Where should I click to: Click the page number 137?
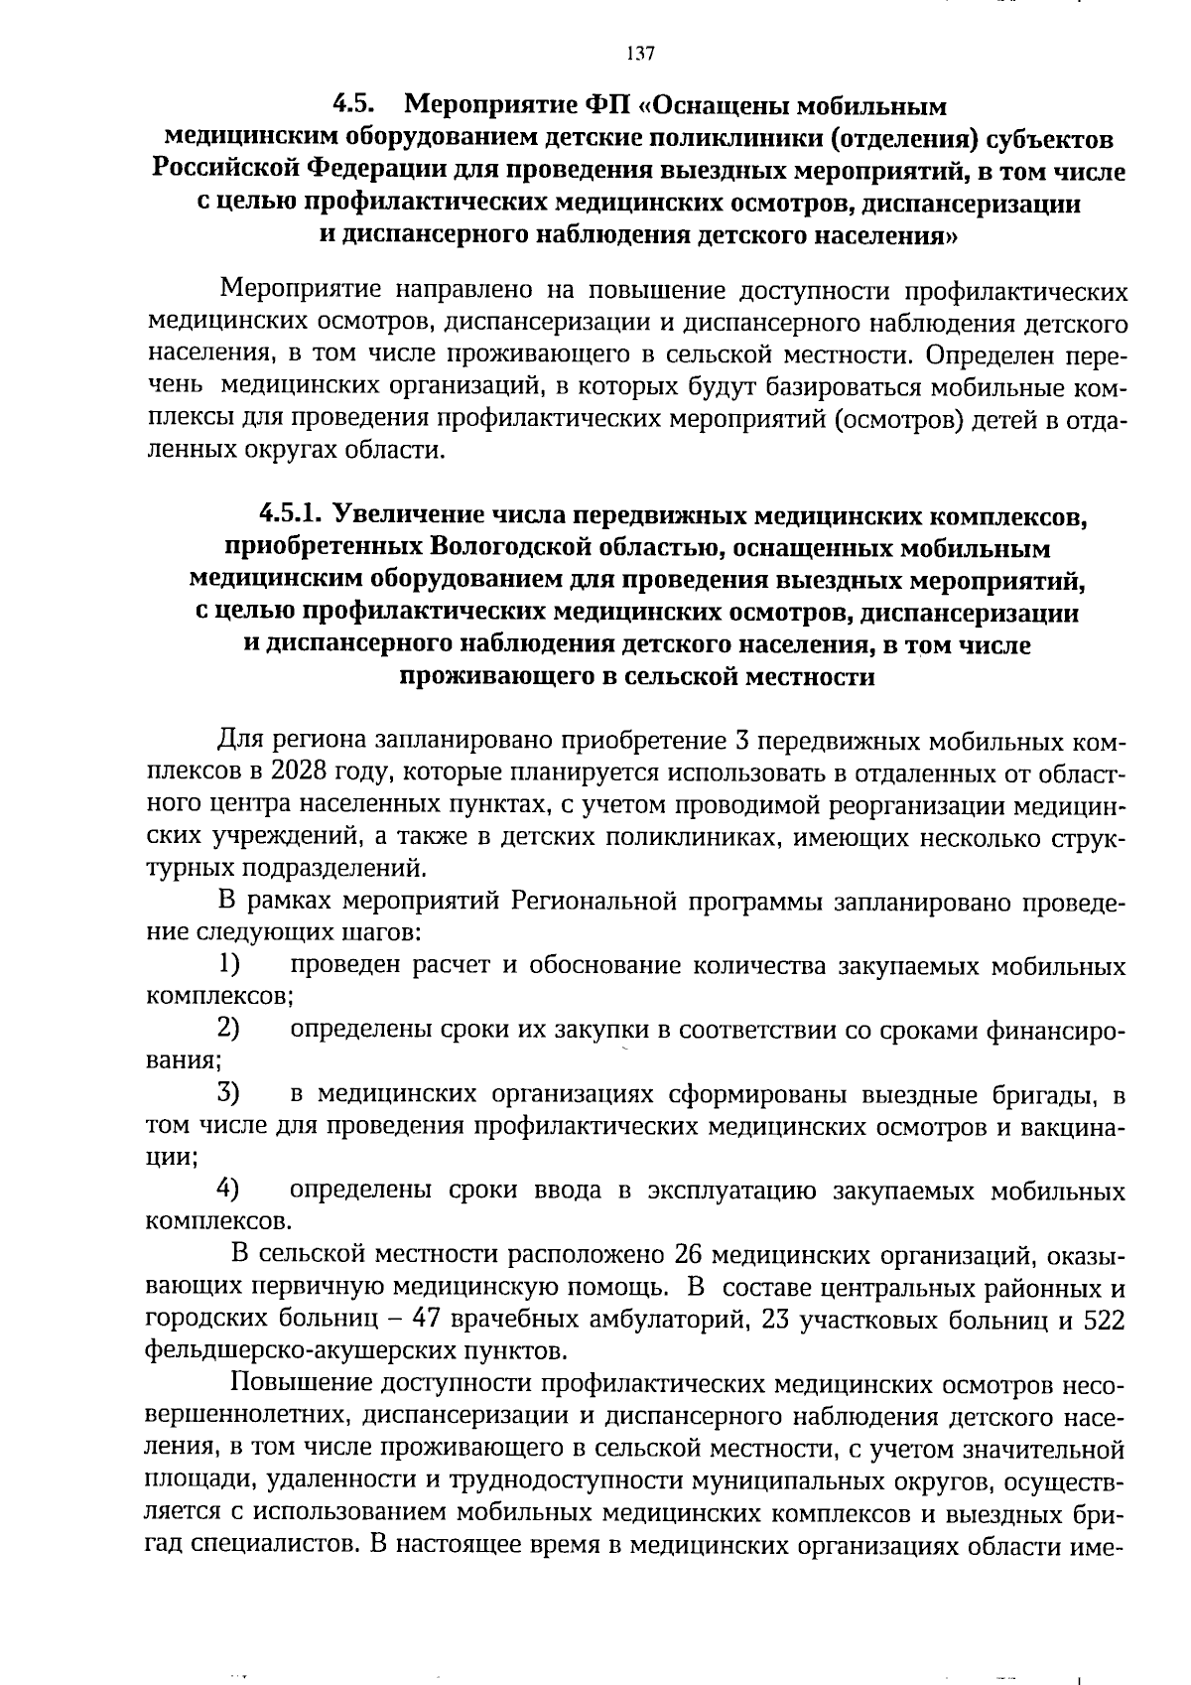click(640, 54)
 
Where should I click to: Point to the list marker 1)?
click(228, 964)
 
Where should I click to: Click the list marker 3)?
click(228, 1094)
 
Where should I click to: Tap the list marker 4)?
click(228, 1190)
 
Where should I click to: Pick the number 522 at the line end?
click(1104, 1320)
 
